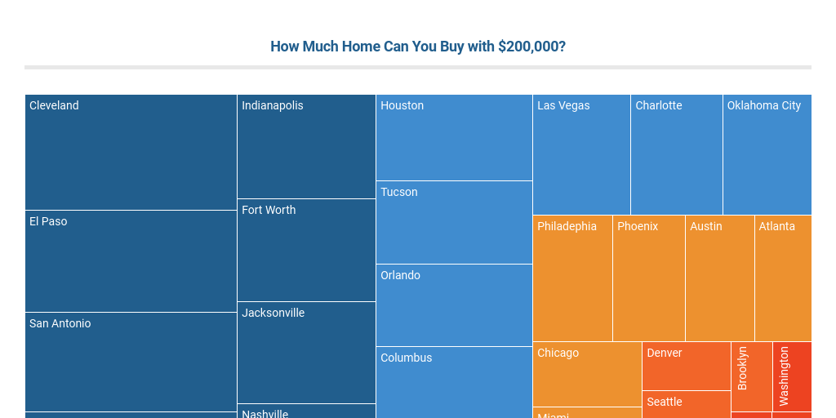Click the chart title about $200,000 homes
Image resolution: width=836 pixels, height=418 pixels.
click(417, 47)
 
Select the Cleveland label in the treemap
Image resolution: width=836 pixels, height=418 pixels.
click(54, 105)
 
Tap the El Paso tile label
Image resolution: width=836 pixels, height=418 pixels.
click(48, 221)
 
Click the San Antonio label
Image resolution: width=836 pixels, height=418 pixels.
click(60, 323)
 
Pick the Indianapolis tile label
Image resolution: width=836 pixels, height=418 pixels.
click(272, 105)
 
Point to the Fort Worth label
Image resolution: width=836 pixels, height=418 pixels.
click(269, 210)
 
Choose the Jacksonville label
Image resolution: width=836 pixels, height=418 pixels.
click(273, 313)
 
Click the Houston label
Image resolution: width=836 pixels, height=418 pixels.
click(402, 105)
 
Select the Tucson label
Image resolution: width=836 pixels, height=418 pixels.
click(398, 192)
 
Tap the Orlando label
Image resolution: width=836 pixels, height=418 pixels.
click(400, 275)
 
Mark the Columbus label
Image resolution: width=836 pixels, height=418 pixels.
click(406, 358)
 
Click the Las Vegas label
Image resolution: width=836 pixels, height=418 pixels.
click(563, 105)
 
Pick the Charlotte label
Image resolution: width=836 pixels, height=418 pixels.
click(658, 105)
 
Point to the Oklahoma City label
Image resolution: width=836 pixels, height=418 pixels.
click(763, 105)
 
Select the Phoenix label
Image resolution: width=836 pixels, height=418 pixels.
click(637, 226)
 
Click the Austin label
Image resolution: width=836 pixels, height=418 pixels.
click(705, 226)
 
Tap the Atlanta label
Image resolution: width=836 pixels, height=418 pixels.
click(776, 226)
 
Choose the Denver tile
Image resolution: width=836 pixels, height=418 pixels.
click(686, 366)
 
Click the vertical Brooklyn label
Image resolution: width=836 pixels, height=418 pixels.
click(742, 368)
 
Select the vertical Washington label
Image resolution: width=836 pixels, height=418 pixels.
click(784, 376)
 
